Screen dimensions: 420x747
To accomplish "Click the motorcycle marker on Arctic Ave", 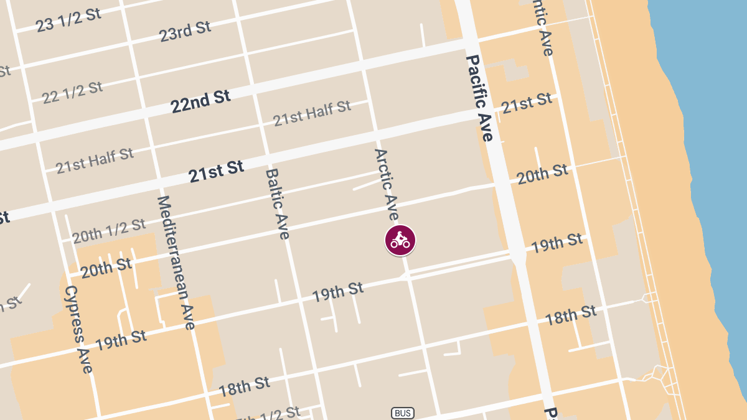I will [400, 240].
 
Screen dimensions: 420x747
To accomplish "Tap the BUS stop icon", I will [403, 413].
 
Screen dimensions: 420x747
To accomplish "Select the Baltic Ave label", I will [278, 204].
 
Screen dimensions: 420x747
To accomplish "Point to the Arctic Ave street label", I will [386, 184].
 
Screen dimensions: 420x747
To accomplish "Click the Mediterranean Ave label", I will [176, 262].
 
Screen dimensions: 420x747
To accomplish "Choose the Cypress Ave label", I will [78, 329].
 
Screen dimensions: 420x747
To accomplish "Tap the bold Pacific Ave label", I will [479, 98].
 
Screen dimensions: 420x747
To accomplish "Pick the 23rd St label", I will [185, 31].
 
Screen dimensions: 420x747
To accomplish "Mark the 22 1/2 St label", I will [72, 93].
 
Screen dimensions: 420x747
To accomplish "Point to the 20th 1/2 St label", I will [108, 231].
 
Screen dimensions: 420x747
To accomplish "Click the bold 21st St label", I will [216, 171].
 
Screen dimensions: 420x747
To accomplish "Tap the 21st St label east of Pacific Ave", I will [527, 103].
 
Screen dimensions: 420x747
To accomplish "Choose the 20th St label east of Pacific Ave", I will [542, 174].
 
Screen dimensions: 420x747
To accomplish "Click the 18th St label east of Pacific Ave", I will [570, 315].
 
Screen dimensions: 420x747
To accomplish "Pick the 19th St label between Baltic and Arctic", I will [337, 291].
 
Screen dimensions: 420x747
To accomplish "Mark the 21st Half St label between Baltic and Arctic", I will [312, 113].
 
